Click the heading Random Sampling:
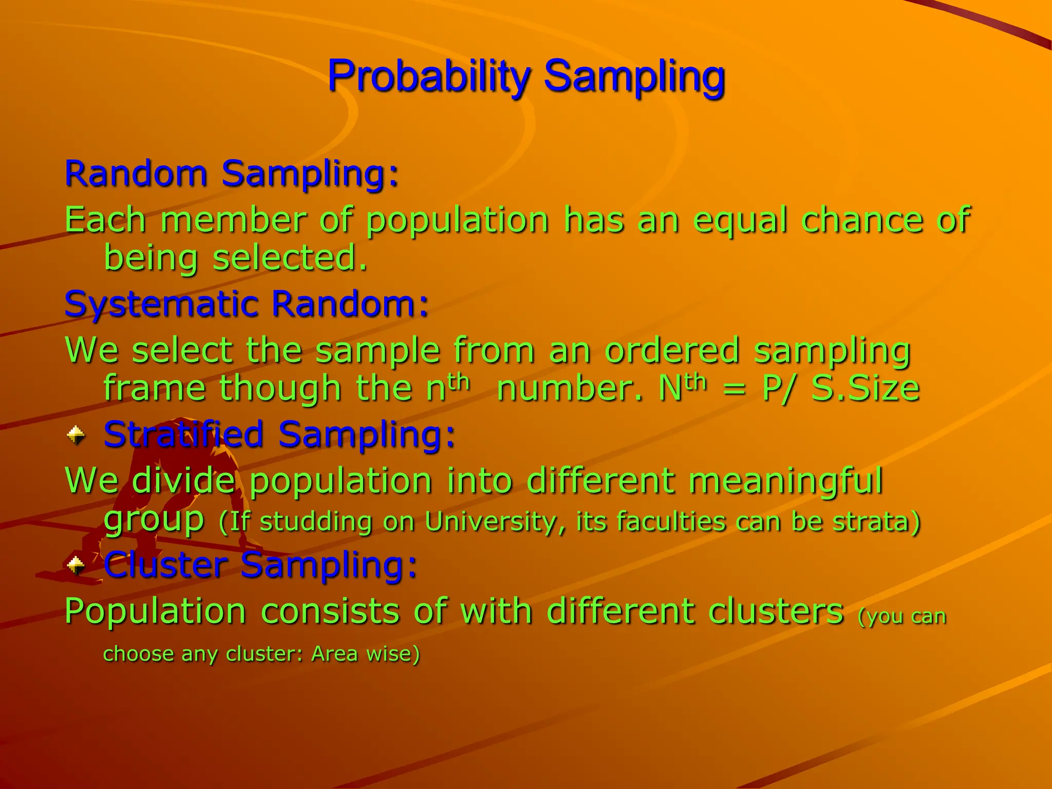(231, 174)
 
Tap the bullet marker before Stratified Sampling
(76, 436)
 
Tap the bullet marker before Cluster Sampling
(76, 566)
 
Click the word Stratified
(184, 435)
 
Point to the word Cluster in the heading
(165, 565)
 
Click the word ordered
(672, 350)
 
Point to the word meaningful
(785, 481)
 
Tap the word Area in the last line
(334, 654)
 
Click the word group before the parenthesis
(154, 521)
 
